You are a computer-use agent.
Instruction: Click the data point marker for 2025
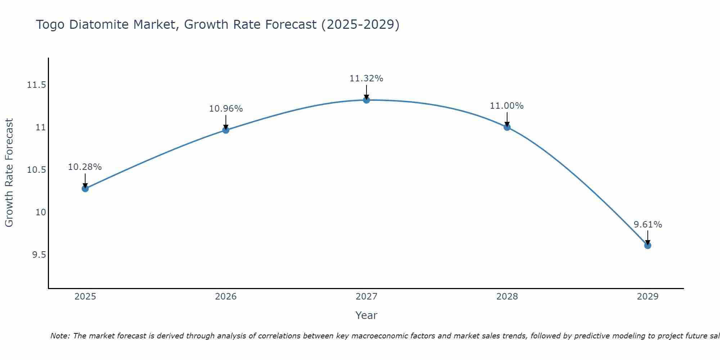click(x=85, y=189)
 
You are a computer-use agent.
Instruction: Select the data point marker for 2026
click(x=226, y=130)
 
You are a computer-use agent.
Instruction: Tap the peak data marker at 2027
click(x=366, y=100)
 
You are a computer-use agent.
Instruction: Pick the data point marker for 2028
click(x=507, y=127)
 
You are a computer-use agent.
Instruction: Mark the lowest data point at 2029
click(x=648, y=246)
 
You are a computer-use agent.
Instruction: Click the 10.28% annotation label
click(x=85, y=167)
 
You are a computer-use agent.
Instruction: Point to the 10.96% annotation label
click(x=226, y=108)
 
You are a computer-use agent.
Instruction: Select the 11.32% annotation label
click(x=366, y=78)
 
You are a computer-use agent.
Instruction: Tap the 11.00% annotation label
click(x=507, y=106)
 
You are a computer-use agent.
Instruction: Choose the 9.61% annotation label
click(x=648, y=225)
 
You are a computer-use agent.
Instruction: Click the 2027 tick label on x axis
click(x=366, y=297)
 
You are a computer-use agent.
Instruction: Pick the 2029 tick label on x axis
click(x=648, y=297)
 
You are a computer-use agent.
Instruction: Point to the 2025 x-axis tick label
click(x=85, y=297)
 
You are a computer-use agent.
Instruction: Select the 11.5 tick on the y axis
click(x=37, y=85)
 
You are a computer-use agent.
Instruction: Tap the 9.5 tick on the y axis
click(x=39, y=255)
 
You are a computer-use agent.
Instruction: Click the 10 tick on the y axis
click(x=41, y=212)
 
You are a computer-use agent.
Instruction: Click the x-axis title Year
click(x=366, y=315)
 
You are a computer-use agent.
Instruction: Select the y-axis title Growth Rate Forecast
click(x=9, y=173)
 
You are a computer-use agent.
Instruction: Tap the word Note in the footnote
click(x=60, y=336)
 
